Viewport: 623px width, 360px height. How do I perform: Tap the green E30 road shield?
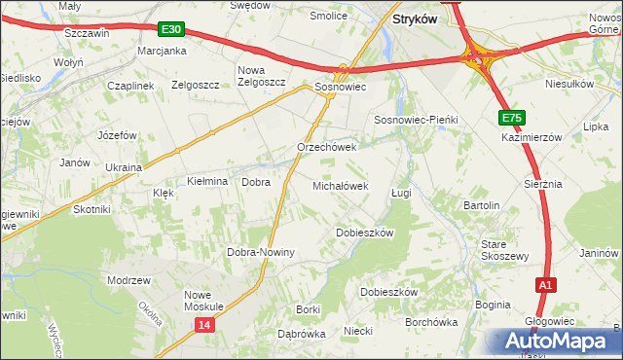170,30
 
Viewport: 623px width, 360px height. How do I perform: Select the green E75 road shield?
513,118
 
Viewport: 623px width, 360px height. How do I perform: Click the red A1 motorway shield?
546,285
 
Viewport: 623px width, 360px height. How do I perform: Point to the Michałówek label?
340,185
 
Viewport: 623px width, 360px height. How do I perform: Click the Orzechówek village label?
327,148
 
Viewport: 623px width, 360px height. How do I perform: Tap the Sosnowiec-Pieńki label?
416,119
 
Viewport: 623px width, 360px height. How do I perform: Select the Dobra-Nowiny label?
260,252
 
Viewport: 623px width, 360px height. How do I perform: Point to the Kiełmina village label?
206,182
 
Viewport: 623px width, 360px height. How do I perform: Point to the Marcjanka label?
162,51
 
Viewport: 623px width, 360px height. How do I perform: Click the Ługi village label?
401,193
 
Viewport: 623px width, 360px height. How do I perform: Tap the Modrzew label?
129,279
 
